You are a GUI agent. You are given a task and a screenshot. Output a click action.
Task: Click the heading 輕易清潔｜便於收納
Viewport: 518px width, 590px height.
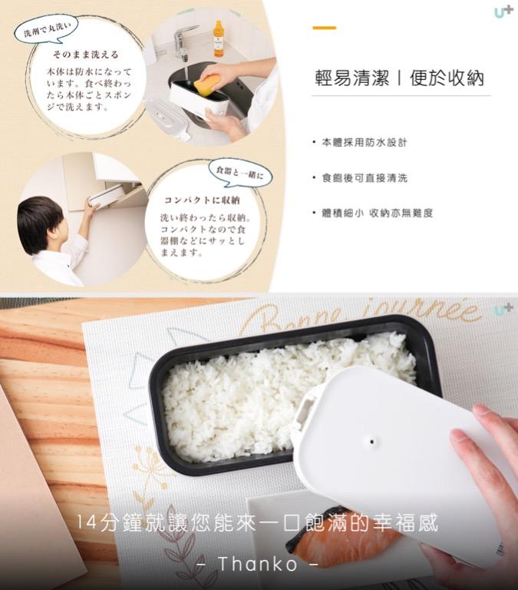point(400,79)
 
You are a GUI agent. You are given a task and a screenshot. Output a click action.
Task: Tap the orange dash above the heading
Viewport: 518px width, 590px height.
point(324,28)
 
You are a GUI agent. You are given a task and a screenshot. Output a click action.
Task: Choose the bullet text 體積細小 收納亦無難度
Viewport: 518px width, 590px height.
point(377,213)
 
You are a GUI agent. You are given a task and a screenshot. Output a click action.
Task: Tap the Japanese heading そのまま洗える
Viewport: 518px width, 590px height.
point(85,55)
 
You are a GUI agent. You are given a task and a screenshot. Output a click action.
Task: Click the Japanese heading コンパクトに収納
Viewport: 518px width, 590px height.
point(196,201)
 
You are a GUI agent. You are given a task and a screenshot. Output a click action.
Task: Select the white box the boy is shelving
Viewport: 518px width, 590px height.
point(106,195)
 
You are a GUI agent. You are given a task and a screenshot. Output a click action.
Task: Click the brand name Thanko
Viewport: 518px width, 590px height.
point(258,565)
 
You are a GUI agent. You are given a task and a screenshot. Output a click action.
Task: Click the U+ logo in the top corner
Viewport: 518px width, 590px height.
point(503,12)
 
